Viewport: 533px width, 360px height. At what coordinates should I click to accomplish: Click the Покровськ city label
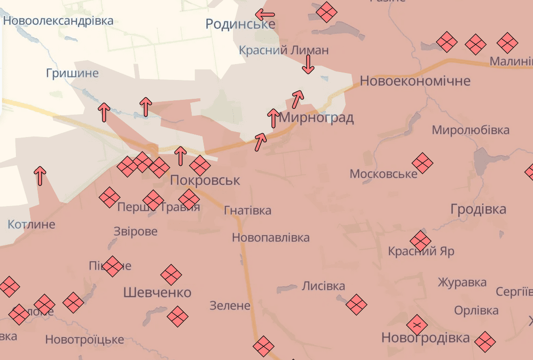tap(205, 180)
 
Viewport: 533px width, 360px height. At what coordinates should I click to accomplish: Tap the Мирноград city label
tap(316, 118)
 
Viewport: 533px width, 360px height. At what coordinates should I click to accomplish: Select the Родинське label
tap(240, 24)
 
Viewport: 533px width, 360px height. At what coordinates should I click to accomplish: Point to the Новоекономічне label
tap(415, 80)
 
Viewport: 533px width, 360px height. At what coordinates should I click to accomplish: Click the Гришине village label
tap(72, 73)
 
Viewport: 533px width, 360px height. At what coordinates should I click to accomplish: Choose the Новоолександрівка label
tap(58, 21)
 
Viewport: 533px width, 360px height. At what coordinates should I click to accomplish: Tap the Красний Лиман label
tap(284, 50)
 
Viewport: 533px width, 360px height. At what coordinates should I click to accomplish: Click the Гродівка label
tap(478, 209)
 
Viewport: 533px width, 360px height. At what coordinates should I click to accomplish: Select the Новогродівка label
tap(425, 338)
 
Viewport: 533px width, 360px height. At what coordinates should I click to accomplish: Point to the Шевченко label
tap(157, 292)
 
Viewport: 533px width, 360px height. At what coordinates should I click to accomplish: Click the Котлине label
tap(31, 224)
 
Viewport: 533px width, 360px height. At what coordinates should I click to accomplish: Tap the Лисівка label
tap(323, 286)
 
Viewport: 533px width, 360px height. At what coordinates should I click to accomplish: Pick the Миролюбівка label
tap(470, 130)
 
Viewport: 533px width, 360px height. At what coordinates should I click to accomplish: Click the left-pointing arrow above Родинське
tap(265, 14)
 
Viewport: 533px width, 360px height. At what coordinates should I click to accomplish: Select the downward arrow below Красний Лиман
tap(308, 65)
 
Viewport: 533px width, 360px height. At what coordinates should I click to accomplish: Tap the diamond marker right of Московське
tap(423, 163)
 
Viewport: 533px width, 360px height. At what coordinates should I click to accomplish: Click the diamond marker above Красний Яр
tap(420, 241)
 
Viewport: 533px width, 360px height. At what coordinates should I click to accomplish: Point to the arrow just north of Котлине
tap(40, 176)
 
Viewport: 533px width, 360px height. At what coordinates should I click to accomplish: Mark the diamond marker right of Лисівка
tap(356, 304)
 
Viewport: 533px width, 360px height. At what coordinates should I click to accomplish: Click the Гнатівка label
tap(247, 211)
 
